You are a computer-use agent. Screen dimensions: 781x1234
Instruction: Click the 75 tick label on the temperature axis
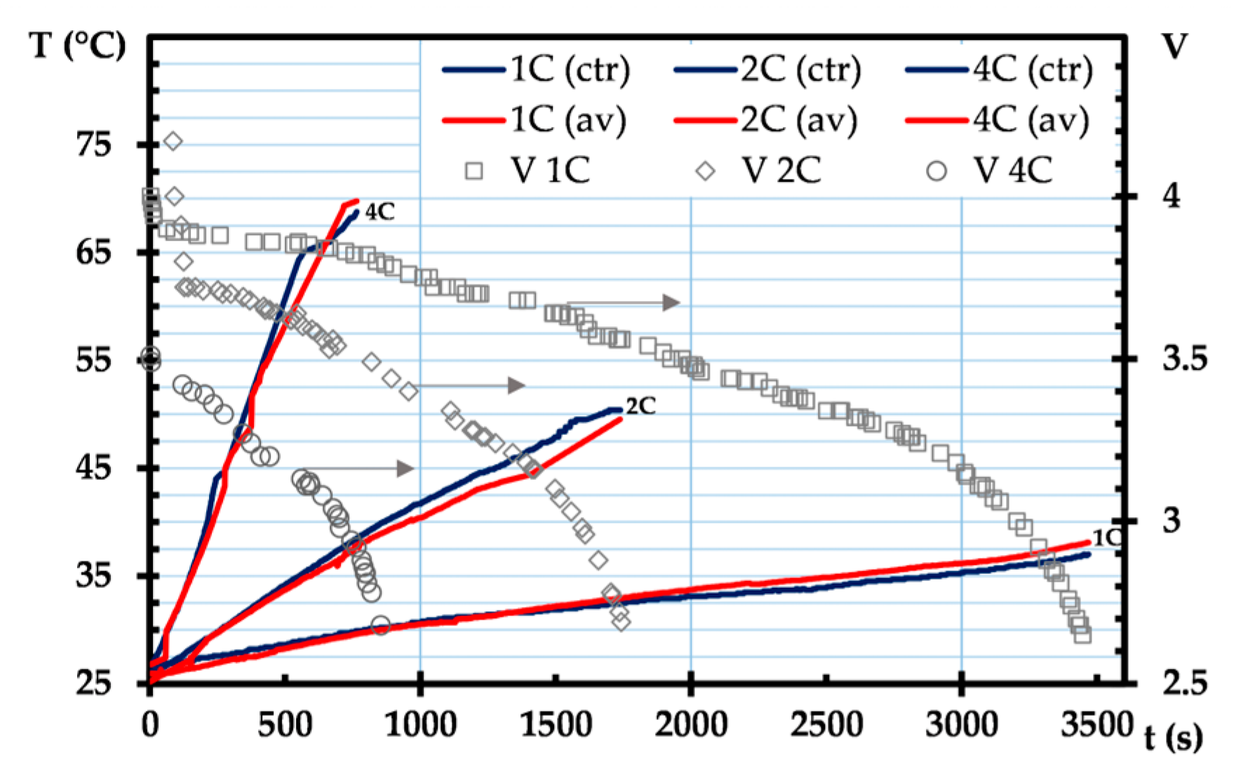click(94, 145)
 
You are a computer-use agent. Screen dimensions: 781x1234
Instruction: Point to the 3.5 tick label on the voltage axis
click(1184, 359)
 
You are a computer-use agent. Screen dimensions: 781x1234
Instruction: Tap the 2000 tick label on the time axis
click(691, 724)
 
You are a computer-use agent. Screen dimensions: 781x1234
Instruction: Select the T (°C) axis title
click(78, 46)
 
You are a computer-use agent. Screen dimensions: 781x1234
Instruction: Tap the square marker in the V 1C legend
click(474, 171)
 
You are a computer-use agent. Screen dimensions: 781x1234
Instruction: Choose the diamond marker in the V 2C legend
click(705, 171)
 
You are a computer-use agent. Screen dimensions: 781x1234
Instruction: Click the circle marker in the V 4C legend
click(937, 171)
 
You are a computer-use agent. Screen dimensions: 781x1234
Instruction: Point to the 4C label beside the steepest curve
click(380, 211)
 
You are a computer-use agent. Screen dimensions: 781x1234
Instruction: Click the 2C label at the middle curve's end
click(641, 406)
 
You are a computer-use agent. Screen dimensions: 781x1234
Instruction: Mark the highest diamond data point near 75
click(173, 142)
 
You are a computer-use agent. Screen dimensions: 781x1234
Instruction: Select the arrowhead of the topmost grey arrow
click(672, 302)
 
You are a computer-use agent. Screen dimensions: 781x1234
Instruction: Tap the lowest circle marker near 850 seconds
click(380, 625)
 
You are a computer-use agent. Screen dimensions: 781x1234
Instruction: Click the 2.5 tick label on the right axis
click(1184, 683)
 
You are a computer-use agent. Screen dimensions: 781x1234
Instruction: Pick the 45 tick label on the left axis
click(94, 468)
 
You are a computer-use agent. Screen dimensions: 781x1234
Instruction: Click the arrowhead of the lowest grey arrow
click(405, 468)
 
